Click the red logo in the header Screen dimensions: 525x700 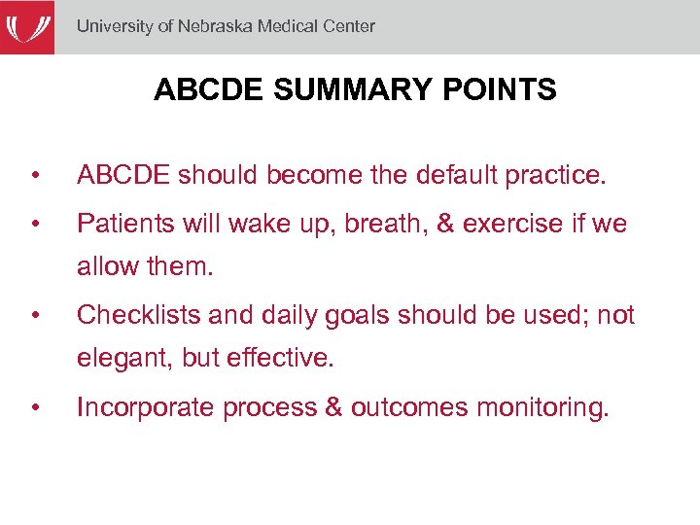point(27,27)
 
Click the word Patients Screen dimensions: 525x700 point(120,224)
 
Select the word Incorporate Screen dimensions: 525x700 point(146,406)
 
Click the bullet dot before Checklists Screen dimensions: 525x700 point(35,316)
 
